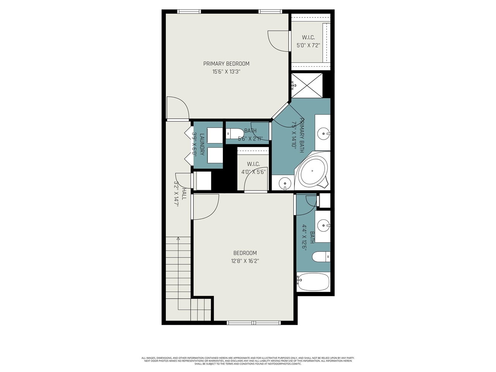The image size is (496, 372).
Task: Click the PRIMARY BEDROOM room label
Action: [x=226, y=64]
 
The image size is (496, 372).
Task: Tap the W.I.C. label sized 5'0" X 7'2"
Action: [x=308, y=38]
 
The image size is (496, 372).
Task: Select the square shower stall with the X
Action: [x=307, y=85]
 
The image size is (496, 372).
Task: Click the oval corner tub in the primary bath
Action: [x=312, y=171]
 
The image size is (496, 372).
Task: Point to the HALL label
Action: [x=184, y=194]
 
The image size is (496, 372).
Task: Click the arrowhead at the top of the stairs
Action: [x=178, y=239]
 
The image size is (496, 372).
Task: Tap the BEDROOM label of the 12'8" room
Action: [x=245, y=253]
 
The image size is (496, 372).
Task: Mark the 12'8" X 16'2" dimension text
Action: [x=245, y=261]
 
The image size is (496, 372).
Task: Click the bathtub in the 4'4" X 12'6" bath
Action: [x=313, y=282]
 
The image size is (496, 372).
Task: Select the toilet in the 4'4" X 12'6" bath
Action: [x=320, y=257]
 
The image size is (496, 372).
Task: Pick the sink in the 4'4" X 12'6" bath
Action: [x=322, y=225]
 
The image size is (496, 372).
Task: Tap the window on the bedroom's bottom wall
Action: [x=254, y=322]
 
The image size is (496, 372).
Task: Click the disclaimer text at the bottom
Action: [x=248, y=361]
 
